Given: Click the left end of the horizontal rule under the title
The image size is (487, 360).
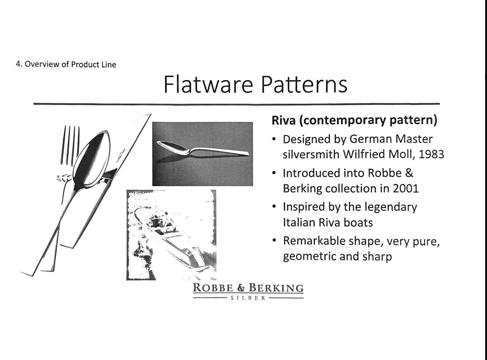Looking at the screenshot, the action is coord(34,103).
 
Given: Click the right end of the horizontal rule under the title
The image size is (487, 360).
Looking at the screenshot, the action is coord(440,103).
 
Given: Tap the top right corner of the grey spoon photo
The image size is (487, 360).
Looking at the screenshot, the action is coord(253,122).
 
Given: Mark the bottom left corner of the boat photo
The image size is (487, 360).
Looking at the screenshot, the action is coord(127,280).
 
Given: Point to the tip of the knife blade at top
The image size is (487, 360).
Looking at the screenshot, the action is coord(151,114).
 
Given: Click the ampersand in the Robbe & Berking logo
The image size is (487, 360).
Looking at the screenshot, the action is coord(241,288).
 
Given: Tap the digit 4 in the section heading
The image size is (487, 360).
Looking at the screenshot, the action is coord(18,64).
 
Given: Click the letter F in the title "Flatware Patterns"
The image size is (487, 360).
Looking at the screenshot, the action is coord(168,84).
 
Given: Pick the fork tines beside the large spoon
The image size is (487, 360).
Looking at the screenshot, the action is coord(71,145).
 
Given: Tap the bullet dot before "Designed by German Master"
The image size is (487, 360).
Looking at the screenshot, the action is coord(274,139).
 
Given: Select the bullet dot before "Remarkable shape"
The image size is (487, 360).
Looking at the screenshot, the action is coord(274,241).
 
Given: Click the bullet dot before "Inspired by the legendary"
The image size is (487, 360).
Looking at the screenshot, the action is coord(274,207).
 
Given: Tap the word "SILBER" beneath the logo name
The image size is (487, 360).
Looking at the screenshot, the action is coord(248,298).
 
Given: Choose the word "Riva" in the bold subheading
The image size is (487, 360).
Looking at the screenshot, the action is coord(284,120).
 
